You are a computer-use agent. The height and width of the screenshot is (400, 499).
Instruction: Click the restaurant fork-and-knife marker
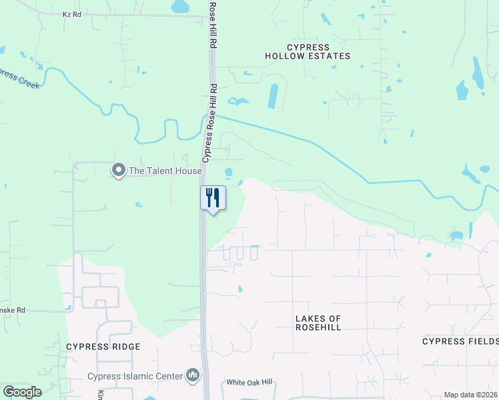[x=213, y=198]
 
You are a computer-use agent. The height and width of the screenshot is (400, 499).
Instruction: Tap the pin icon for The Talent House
[x=119, y=171]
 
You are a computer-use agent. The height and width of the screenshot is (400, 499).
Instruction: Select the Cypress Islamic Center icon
[x=193, y=376]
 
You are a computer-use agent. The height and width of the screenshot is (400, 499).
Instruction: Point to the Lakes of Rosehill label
[x=318, y=323]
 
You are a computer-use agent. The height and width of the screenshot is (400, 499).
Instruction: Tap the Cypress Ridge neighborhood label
[x=103, y=347]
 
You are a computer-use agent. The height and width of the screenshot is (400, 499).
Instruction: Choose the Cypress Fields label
[x=460, y=341]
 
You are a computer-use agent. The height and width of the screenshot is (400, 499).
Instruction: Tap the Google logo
[x=22, y=392]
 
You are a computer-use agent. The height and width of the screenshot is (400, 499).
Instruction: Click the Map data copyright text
[x=470, y=395]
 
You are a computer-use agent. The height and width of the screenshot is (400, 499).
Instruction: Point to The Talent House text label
[x=165, y=171]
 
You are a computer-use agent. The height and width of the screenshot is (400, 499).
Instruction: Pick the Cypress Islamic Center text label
[x=135, y=376]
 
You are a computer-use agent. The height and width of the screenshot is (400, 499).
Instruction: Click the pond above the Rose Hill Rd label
[x=180, y=7]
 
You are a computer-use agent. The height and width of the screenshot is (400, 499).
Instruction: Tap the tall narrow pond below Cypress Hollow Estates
[x=273, y=96]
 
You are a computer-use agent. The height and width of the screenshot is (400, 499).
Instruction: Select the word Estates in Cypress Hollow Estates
[x=327, y=57]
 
